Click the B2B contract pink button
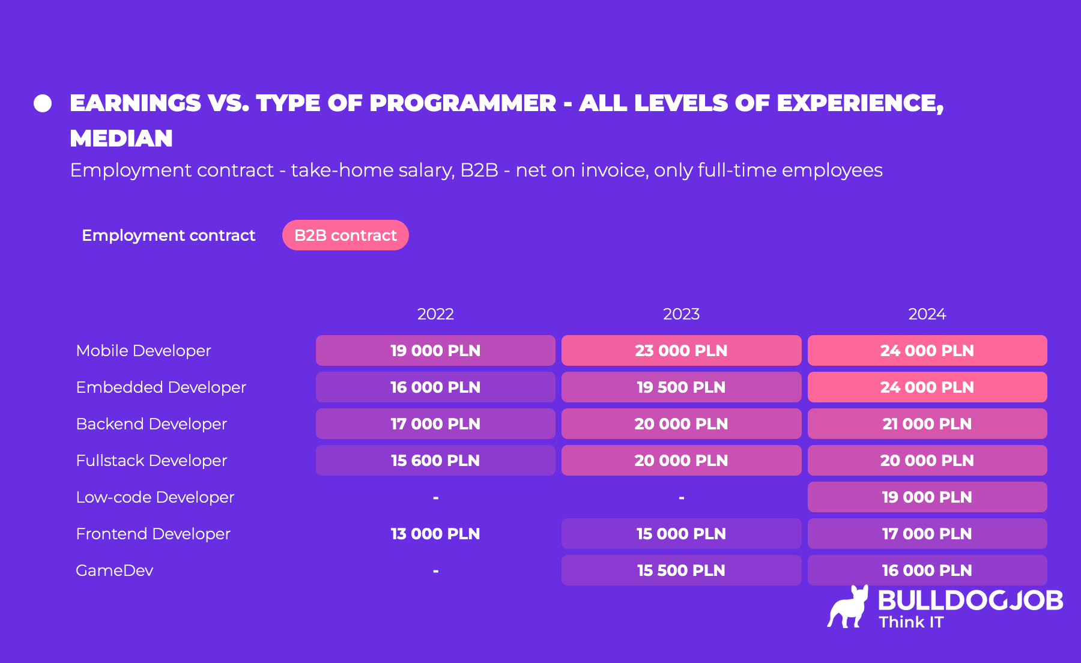pos(345,235)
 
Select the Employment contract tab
pos(168,235)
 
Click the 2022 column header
pos(435,314)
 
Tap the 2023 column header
pos(681,314)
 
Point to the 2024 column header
pos(927,314)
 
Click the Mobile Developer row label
pos(144,351)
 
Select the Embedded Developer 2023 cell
pos(681,387)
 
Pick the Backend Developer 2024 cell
pos(927,424)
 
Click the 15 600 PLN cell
pos(435,461)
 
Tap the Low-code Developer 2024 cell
pos(927,497)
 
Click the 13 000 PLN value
pos(435,534)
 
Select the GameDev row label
pos(115,571)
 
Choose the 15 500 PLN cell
pos(681,571)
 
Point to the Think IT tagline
pos(911,622)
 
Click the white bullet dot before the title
pos(43,103)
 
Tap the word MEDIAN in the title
pos(121,139)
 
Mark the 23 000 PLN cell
pos(681,351)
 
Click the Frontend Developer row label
pos(153,534)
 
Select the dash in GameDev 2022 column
pos(435,571)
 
